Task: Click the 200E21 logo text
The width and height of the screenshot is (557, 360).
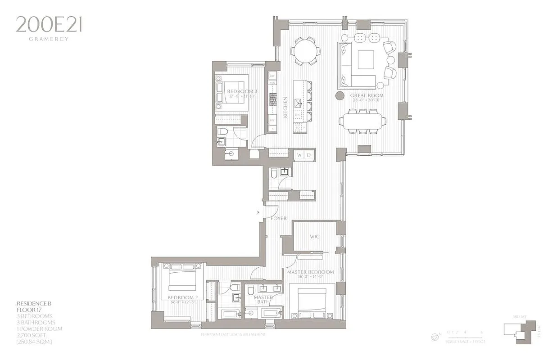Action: click(49, 25)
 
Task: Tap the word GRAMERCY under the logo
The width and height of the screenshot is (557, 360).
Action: click(49, 39)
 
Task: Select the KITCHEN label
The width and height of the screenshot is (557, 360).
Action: click(285, 107)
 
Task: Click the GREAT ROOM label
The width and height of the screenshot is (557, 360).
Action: click(367, 96)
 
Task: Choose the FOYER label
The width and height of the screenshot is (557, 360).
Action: click(279, 218)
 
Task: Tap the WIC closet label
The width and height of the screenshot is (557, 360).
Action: click(314, 237)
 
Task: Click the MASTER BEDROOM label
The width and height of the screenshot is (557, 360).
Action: click(311, 272)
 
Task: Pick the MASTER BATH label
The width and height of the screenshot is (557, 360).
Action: click(263, 300)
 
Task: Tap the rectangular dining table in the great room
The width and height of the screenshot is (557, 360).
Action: click(362, 121)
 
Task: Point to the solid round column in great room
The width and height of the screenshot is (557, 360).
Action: click(340, 95)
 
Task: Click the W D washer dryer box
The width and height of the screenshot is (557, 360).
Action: click(304, 155)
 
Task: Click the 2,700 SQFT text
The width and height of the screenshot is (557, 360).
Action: click(33, 335)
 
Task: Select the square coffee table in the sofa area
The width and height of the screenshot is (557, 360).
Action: click(366, 59)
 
